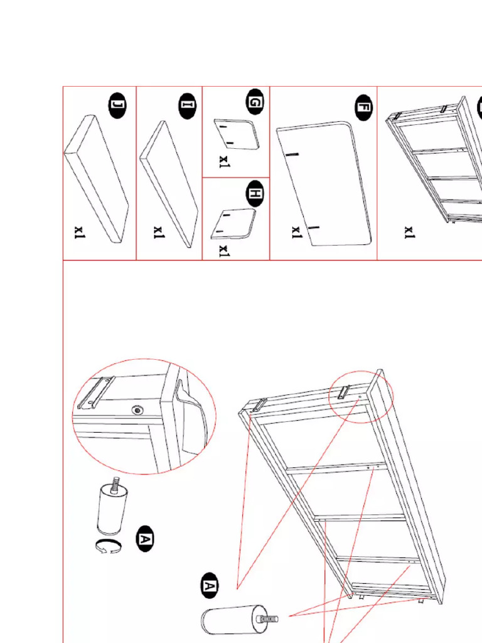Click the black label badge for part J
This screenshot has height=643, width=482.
[117, 105]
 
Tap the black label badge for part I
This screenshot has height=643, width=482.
[187, 105]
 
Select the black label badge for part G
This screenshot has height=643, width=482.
[255, 101]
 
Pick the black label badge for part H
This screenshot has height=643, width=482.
[255, 193]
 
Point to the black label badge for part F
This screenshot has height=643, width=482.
[363, 107]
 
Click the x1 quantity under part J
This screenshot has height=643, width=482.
[79, 232]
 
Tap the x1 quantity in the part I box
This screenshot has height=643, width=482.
[159, 232]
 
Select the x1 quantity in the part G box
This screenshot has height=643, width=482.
[225, 161]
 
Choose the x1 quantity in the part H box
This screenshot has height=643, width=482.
[224, 251]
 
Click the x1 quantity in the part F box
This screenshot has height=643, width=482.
[296, 232]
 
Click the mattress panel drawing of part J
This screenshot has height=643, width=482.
[96, 178]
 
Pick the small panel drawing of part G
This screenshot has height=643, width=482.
[237, 134]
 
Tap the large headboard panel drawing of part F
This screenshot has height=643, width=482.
[324, 183]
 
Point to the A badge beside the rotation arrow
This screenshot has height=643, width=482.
[145, 538]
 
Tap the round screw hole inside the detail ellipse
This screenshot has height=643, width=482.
[137, 410]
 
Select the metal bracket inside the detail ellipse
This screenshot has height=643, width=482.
[95, 392]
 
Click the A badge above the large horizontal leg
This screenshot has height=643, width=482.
[210, 586]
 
